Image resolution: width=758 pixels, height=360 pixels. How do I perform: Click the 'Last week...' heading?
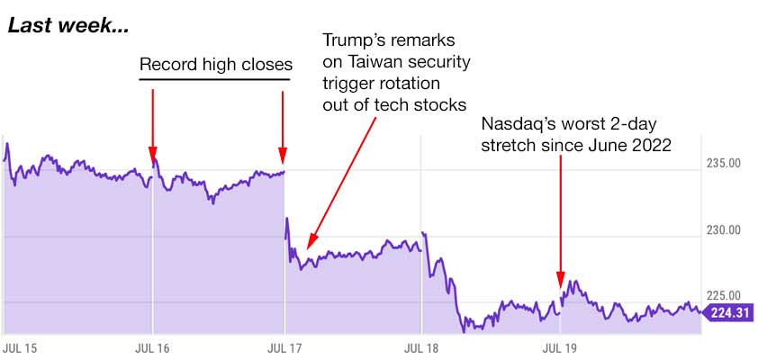click(68, 26)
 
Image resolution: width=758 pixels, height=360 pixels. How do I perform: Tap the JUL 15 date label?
click(18, 346)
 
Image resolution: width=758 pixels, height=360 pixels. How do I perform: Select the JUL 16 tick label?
click(152, 346)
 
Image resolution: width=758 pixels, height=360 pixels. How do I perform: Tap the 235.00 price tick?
click(722, 164)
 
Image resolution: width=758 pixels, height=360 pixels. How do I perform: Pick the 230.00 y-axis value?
click(722, 230)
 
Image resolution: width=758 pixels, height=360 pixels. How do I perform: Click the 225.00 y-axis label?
click(722, 295)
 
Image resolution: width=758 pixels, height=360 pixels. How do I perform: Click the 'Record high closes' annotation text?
click(215, 66)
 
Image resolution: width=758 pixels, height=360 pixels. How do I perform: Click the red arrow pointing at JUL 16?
click(152, 121)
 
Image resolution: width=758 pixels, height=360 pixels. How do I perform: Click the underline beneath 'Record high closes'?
click(215, 80)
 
